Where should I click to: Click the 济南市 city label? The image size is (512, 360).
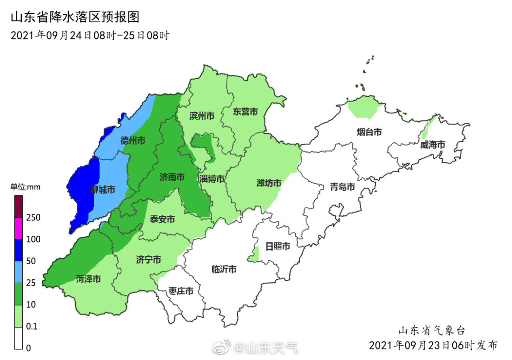coord(172,177)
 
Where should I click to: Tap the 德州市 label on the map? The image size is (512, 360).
coord(133,140)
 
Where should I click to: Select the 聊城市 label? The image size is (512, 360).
coord(103,190)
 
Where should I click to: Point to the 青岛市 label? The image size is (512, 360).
coord(342,187)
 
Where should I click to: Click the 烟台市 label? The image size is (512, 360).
coord(369,132)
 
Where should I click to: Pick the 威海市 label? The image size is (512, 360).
coord(432,145)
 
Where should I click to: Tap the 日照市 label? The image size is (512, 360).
coord(277,246)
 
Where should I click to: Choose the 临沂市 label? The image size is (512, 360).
coord(224,269)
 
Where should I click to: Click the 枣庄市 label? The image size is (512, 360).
coord(181,291)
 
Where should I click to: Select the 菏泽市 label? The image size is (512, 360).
coord(88,279)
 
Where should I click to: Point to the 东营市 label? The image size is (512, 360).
coord(245,112)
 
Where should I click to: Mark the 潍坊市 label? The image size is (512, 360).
coord(269,183)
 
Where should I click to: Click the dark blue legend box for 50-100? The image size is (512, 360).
coord(18,250)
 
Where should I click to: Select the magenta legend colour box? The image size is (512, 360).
coord(18,228)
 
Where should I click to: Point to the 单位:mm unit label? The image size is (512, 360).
coord(26,187)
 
